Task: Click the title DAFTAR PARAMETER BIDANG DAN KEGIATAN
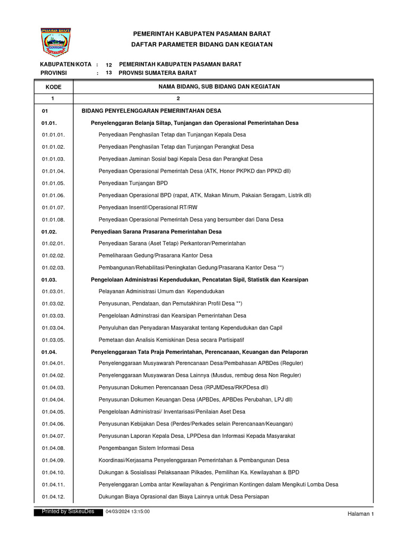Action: tap(202, 45)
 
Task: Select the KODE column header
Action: tap(53, 87)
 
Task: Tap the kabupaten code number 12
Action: tap(109, 64)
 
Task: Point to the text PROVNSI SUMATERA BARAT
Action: tap(157, 73)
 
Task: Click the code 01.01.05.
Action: tap(53, 183)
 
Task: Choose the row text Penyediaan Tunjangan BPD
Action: tap(133, 183)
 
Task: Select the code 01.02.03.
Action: tap(53, 267)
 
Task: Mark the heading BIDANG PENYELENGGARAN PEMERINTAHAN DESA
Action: tap(151, 111)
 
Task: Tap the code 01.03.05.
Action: tap(53, 339)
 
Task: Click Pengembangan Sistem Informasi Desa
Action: tap(146, 448)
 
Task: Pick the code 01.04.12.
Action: tap(53, 496)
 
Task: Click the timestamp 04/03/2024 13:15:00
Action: tap(127, 511)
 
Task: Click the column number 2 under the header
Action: tap(178, 99)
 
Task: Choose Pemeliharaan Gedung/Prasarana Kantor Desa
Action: tap(155, 256)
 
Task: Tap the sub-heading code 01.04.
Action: tap(49, 352)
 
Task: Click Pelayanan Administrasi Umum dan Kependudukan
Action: tap(161, 291)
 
